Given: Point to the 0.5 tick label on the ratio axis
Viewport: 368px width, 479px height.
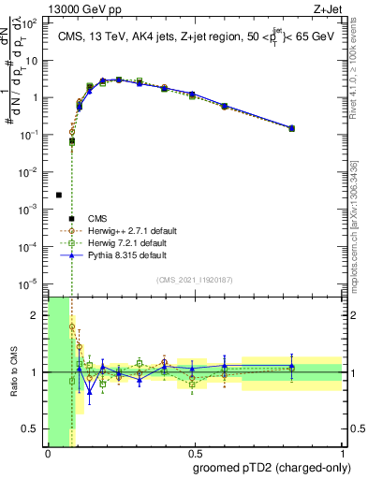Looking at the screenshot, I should point(31,428).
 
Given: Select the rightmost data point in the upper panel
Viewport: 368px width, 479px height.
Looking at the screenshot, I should point(292,128).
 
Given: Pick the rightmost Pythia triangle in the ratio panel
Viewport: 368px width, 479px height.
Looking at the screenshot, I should point(292,367).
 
